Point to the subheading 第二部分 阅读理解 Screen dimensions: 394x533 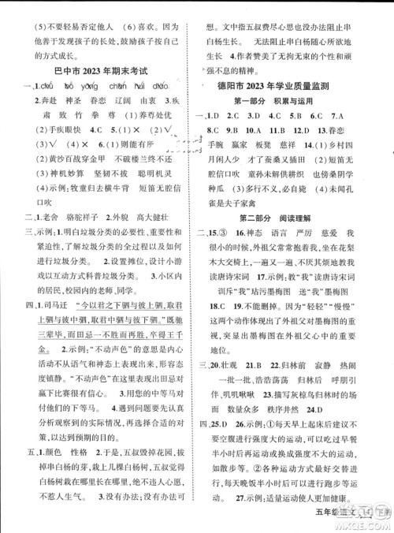coord(292,218)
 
